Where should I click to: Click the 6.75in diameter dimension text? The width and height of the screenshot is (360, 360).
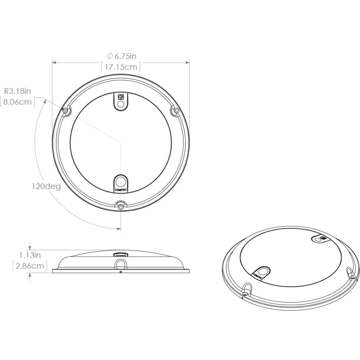(121, 56)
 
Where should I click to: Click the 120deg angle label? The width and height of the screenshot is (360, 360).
(46, 186)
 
